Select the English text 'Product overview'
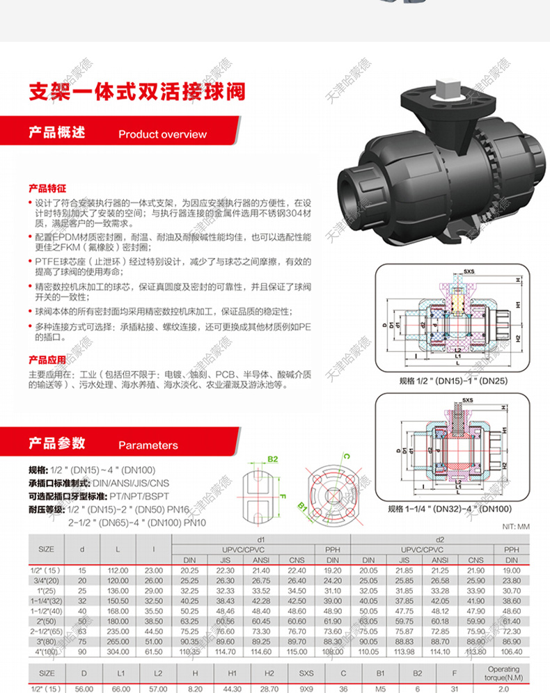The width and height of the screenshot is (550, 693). click(x=162, y=134)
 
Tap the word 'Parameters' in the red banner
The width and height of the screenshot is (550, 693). click(x=148, y=445)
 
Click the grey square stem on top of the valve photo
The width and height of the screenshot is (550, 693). click(x=446, y=90)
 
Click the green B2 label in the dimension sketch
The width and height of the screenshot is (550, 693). click(x=273, y=459)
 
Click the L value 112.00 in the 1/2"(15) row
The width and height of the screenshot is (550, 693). click(x=118, y=570)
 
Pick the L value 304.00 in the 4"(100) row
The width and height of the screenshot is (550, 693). click(x=118, y=651)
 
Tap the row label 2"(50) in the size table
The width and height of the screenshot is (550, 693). click(x=46, y=621)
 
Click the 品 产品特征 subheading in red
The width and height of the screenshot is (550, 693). click(x=47, y=188)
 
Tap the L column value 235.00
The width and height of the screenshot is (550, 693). click(x=118, y=631)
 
